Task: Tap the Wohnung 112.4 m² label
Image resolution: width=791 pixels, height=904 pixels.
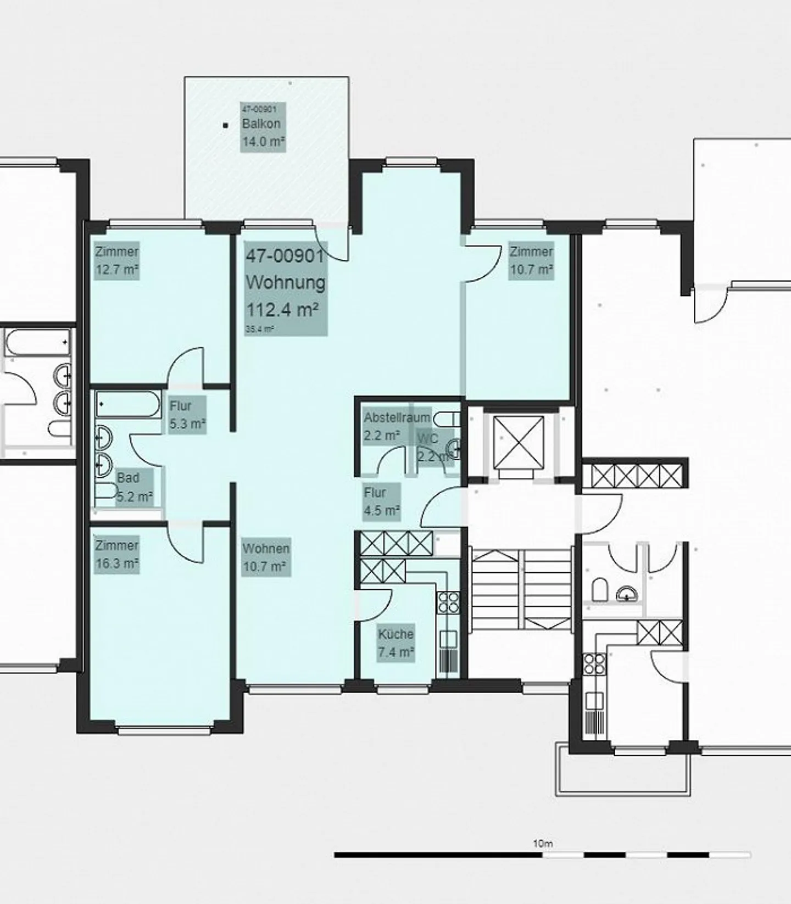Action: click(x=286, y=288)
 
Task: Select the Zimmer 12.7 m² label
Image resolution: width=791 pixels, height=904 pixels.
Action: click(x=116, y=260)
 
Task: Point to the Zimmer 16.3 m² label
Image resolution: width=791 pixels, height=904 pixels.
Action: click(x=116, y=554)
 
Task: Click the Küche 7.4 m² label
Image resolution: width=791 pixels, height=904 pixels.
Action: click(x=396, y=643)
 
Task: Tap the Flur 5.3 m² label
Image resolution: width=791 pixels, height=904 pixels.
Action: click(x=187, y=415)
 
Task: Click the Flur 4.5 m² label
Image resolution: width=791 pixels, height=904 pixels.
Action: click(x=381, y=501)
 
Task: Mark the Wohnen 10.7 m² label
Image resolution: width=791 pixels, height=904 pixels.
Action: click(x=266, y=557)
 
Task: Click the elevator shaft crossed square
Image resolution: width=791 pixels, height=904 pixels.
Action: click(x=518, y=443)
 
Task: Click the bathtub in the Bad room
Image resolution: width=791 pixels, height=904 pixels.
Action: click(x=127, y=405)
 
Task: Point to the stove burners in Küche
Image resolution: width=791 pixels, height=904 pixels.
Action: click(x=448, y=602)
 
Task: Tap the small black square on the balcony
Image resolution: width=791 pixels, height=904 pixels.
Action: click(x=225, y=125)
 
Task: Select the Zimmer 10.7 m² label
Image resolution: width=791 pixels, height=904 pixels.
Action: click(x=531, y=260)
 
